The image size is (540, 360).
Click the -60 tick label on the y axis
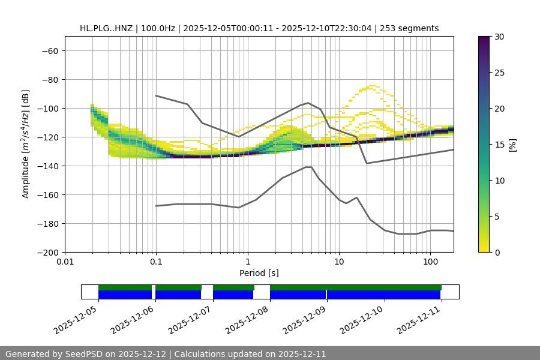[49, 51]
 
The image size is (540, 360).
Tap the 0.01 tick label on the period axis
[65, 262]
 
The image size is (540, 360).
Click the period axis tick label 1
[248, 262]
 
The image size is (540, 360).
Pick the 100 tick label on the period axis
[430, 262]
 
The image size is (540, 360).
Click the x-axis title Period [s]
[259, 273]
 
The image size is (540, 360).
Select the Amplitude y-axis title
[26, 144]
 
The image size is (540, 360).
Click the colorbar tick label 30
[499, 37]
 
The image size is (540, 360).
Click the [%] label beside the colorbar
[512, 145]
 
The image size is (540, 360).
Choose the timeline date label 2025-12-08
[247, 318]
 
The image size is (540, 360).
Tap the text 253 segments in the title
[410, 28]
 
